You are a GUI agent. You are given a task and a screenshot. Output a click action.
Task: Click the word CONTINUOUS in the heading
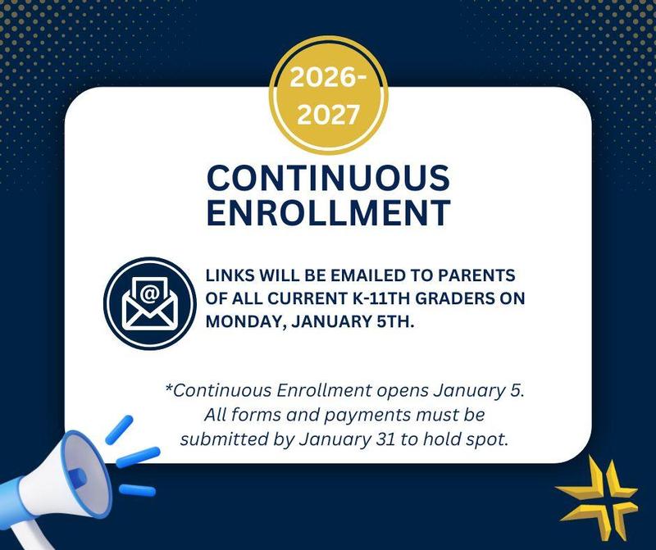[328, 179]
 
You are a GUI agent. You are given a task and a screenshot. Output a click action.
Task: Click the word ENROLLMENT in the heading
[328, 212]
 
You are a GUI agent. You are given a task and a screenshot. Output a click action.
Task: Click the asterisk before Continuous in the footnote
[169, 389]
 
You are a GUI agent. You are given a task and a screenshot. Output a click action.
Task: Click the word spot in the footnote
[490, 439]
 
